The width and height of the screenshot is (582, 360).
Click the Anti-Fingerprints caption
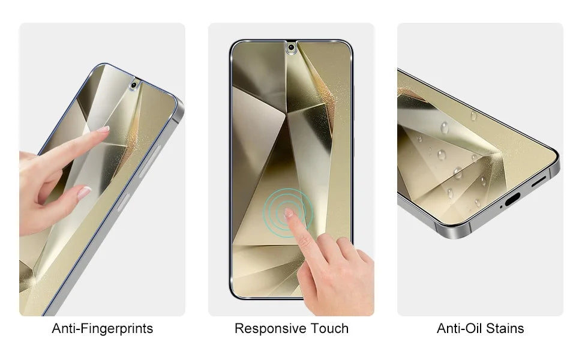point(103,329)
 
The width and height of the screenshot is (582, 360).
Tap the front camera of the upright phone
point(292,47)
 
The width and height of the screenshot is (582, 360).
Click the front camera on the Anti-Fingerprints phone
point(134,85)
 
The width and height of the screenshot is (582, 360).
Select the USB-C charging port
point(512,199)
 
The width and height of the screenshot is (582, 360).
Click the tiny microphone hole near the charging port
point(501,207)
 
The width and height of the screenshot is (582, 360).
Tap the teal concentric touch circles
point(288,212)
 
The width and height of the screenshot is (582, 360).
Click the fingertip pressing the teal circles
point(289,212)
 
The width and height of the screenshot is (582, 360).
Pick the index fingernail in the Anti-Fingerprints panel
point(103,130)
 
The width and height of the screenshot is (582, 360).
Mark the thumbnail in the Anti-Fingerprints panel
point(84,193)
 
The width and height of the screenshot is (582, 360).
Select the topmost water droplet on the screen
point(473,116)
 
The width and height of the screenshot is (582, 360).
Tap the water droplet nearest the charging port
point(478,203)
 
